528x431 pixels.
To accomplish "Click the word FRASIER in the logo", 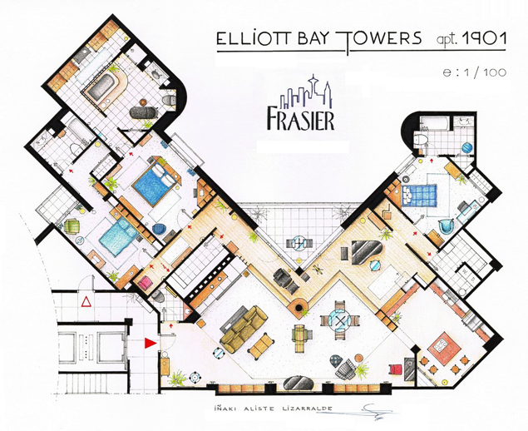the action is (x=301, y=118).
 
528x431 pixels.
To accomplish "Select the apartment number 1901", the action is (x=485, y=38).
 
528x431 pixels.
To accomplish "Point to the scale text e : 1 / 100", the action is (x=475, y=72).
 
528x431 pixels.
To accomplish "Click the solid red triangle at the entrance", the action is (x=151, y=343).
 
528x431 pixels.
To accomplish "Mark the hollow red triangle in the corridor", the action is (x=86, y=301).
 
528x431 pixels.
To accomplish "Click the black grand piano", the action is (x=367, y=251).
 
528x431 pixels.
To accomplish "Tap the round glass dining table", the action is (x=339, y=320).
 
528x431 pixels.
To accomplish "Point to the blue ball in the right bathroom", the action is (x=467, y=148).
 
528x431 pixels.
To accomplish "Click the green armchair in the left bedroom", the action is (x=71, y=226).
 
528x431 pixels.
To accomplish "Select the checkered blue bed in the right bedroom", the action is (x=419, y=195).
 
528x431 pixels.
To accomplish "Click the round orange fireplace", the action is (x=299, y=307).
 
